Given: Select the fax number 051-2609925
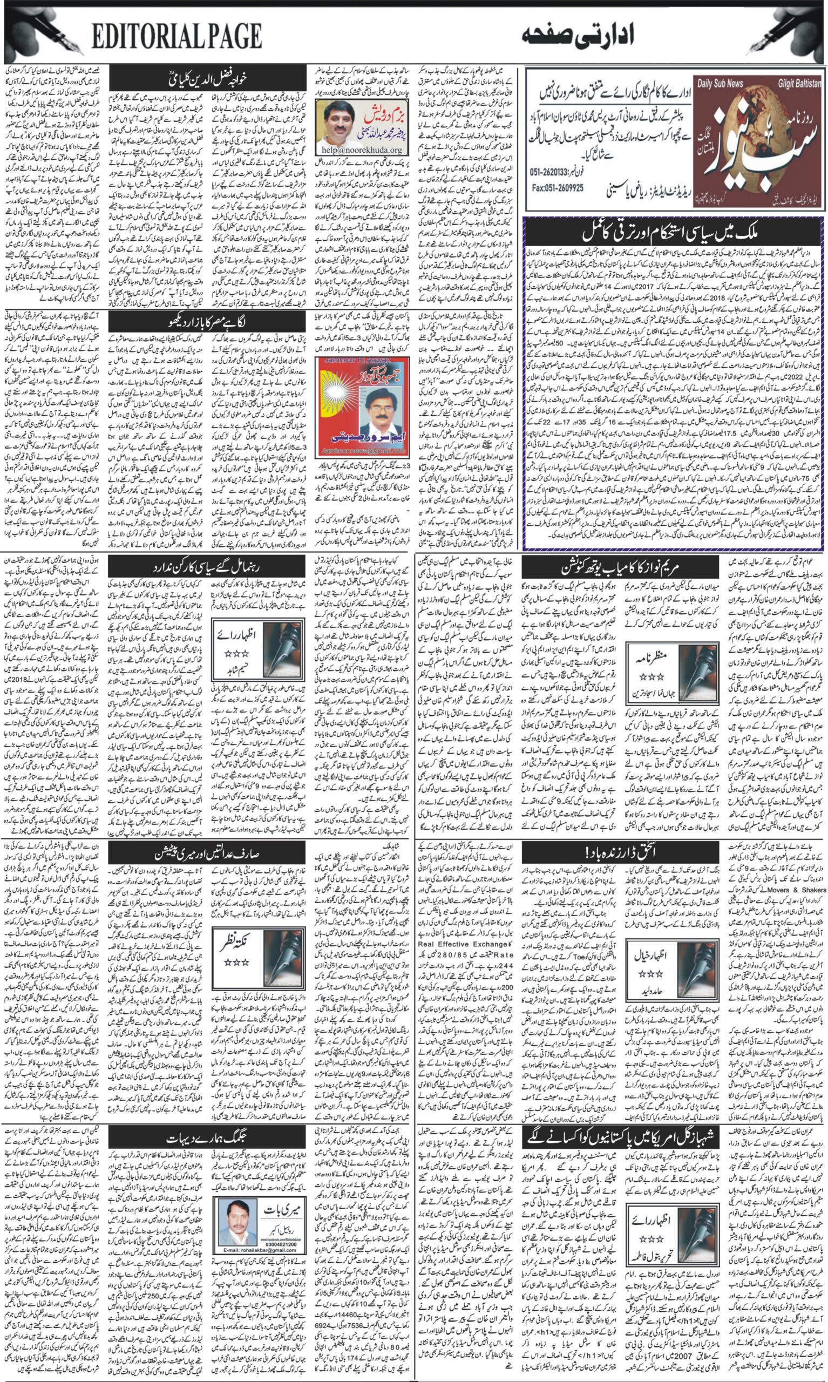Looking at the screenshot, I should [558, 188].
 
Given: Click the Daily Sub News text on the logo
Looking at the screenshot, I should [720, 84].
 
